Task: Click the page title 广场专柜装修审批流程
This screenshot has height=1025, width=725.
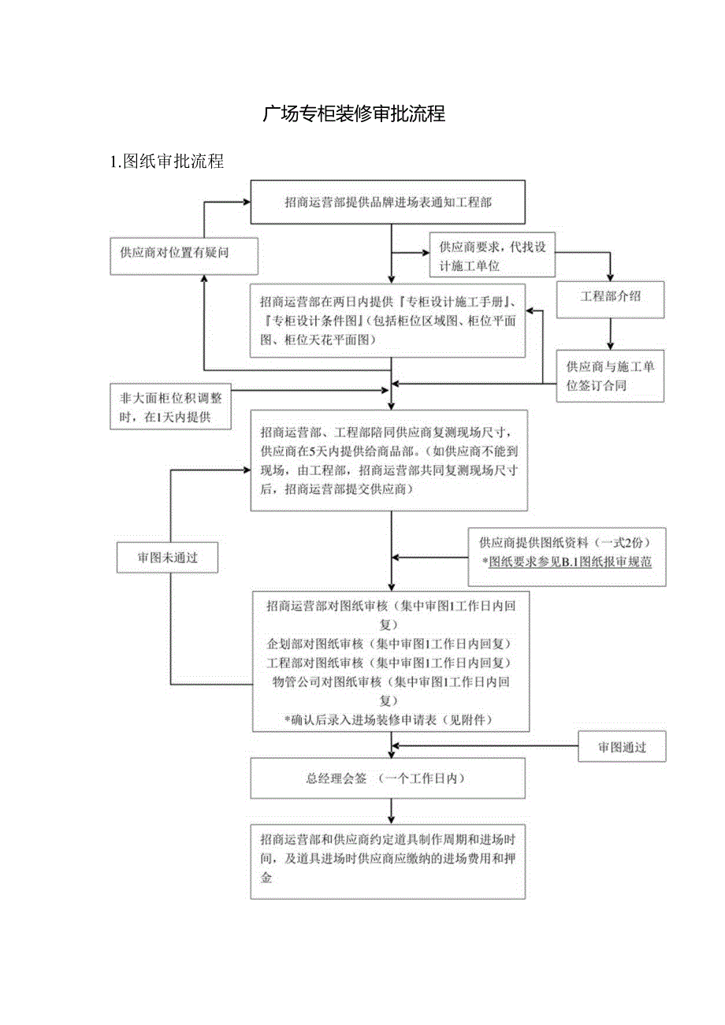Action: coord(355,114)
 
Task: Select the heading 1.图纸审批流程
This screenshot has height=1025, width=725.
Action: coord(168,162)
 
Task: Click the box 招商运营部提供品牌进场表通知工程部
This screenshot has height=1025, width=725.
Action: coord(388,202)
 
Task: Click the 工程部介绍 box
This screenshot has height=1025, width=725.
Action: coord(610,298)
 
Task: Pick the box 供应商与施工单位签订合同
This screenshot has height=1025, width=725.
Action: coord(611,377)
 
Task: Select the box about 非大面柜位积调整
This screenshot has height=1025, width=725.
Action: coord(171,407)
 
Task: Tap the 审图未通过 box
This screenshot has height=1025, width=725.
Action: coord(167,557)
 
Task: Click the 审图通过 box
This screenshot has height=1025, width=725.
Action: coord(622,747)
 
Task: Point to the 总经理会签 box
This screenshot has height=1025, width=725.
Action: coord(388,778)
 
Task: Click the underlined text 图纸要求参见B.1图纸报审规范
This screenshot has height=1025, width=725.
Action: coord(571,563)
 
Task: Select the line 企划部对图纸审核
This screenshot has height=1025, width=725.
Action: coord(389,644)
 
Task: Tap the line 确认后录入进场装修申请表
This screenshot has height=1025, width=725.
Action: coord(389,719)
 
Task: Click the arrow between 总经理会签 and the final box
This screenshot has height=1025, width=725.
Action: coord(391,811)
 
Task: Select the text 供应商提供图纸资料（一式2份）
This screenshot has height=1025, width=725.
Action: coord(565,543)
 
